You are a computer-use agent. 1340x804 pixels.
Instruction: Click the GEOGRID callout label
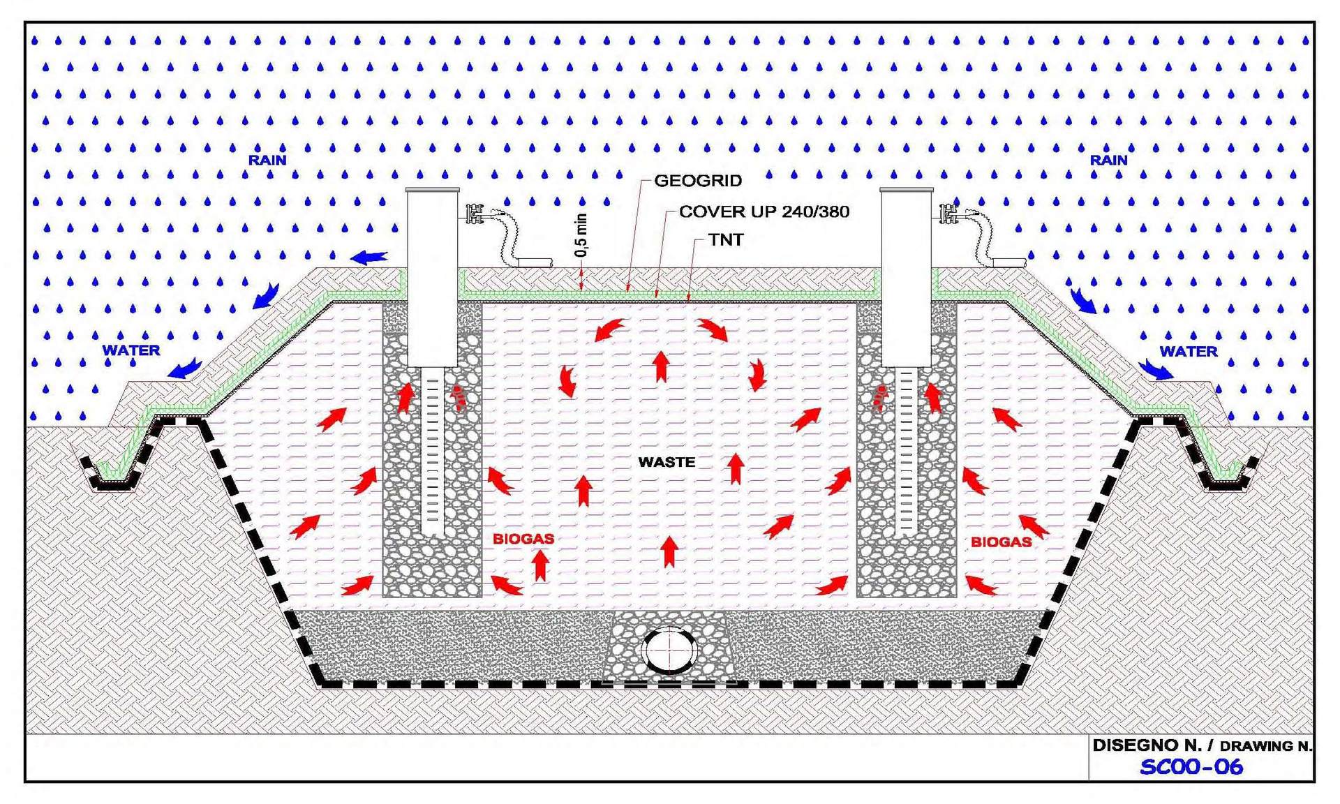(697, 181)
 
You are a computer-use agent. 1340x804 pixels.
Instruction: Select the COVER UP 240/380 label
(764, 211)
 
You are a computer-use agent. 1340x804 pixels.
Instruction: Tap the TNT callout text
(726, 240)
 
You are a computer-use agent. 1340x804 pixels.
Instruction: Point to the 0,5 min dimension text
(581, 235)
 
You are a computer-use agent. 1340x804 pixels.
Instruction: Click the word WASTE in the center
(667, 462)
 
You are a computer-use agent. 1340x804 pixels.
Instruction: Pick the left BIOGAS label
(523, 539)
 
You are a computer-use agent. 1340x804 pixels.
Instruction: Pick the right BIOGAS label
(1001, 542)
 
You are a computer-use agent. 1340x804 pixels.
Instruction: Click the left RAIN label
(267, 160)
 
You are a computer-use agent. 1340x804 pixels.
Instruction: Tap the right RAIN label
(1108, 160)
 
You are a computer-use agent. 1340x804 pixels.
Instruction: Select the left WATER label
(131, 350)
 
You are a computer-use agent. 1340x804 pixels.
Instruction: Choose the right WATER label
(1188, 352)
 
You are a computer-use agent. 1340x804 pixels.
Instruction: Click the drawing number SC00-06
(1191, 767)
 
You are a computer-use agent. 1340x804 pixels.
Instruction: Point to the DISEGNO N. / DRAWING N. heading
(1202, 745)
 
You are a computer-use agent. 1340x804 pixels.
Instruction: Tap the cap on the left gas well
(433, 190)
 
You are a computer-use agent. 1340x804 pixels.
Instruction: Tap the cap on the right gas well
(906, 190)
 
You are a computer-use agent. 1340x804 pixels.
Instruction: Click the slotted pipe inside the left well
(433, 454)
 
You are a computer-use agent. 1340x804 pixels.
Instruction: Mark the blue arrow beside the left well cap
(369, 258)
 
